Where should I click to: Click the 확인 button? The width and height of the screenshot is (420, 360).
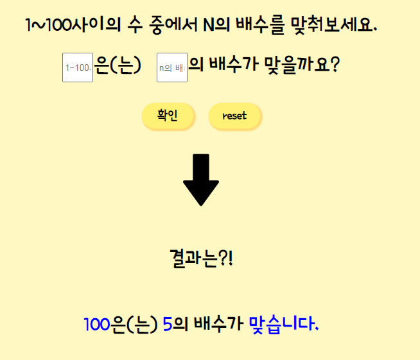click(x=168, y=116)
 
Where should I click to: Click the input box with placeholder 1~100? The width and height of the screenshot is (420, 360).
click(x=78, y=67)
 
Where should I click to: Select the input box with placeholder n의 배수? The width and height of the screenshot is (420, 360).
click(x=172, y=67)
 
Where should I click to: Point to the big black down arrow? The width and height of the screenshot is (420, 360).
click(x=201, y=179)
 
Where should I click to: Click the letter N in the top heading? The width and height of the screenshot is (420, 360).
click(x=209, y=26)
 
